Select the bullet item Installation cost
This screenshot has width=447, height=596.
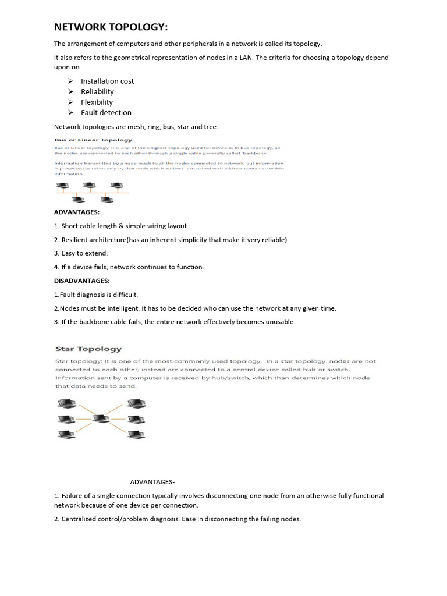[107, 81]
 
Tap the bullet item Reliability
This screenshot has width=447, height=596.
[97, 91]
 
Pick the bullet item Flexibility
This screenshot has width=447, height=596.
[97, 102]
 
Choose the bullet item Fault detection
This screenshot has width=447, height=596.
[106, 112]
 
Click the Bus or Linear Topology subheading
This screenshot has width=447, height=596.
[93, 140]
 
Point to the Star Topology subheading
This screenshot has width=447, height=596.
[88, 349]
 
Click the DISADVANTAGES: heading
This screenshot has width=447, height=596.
[81, 281]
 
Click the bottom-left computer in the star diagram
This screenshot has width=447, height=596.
[66, 434]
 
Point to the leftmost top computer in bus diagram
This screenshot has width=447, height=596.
[63, 187]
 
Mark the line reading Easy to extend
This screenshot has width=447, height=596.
[84, 253]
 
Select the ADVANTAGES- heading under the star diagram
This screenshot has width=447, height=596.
[152, 482]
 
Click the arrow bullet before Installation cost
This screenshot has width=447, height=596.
[70, 81]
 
